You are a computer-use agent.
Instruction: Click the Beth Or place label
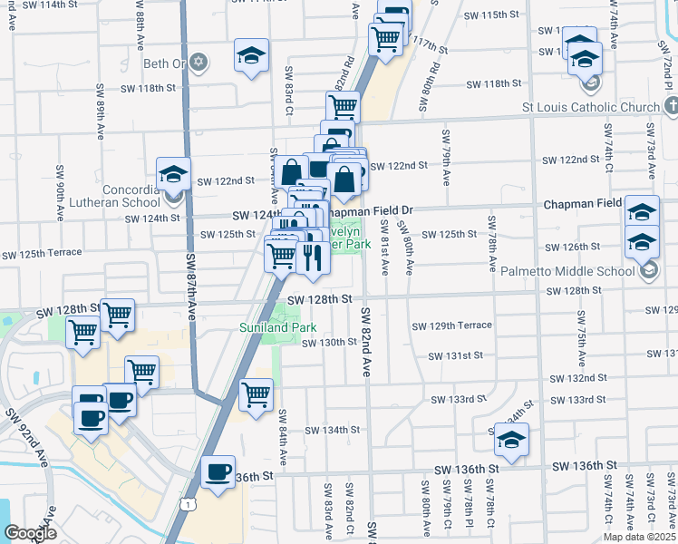(163, 63)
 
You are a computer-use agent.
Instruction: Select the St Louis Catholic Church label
(591, 107)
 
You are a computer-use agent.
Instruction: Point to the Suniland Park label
(269, 326)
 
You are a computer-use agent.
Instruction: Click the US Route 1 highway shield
(188, 501)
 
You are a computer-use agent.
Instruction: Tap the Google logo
(31, 532)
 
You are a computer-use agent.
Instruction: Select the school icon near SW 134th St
(511, 441)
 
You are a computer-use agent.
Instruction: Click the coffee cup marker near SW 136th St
(218, 472)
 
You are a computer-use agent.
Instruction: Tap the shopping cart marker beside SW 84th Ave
(257, 394)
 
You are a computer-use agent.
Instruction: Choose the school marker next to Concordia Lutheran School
(173, 174)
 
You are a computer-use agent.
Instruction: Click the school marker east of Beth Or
(251, 55)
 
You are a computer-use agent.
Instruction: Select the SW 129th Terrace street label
(451, 325)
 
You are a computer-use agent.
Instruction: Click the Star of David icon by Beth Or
(199, 63)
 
